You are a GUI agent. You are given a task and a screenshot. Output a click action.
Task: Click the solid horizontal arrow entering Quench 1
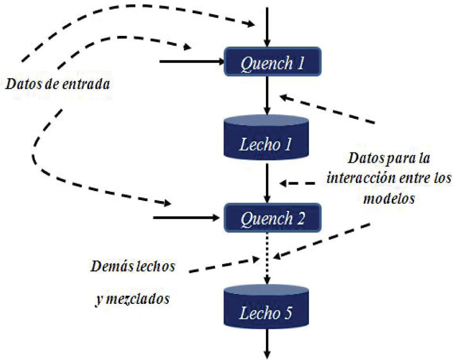pyautogui.click(x=191, y=61)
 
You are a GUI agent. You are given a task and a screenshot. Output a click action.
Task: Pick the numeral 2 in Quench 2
pyautogui.click(x=300, y=218)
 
